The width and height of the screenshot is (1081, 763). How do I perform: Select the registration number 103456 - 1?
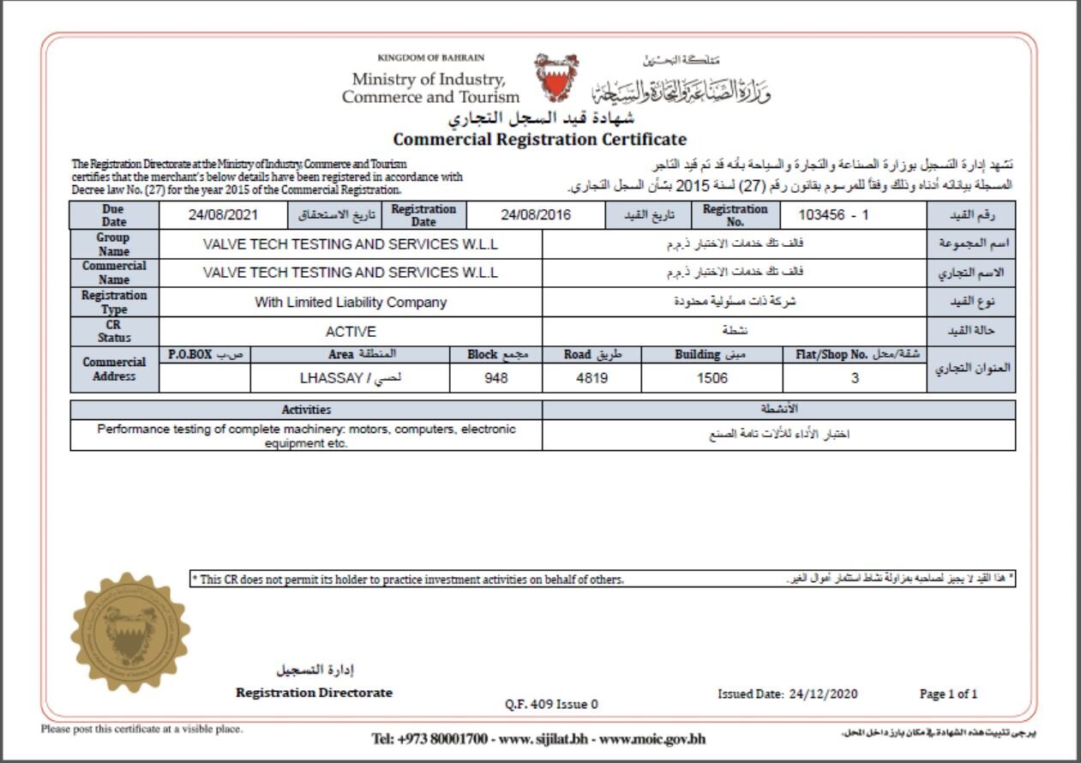tap(833, 215)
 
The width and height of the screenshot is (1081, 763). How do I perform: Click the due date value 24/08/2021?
tap(223, 215)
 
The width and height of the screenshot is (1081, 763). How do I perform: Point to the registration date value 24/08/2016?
tap(536, 215)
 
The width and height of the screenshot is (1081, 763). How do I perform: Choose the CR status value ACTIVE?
tap(351, 332)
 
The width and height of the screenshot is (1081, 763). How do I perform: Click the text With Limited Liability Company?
tap(351, 302)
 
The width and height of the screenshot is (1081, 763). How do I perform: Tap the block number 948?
tap(496, 377)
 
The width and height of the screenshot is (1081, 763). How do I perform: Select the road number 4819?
tap(592, 377)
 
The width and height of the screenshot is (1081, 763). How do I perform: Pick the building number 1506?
tap(712, 377)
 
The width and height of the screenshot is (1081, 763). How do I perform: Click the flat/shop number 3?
tap(855, 377)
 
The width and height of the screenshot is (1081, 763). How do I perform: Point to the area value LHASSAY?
tap(350, 377)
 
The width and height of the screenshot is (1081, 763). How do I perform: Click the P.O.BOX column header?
tap(189, 354)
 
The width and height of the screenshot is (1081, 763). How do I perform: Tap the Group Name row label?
tap(114, 244)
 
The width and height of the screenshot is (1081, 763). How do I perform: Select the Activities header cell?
tap(306, 410)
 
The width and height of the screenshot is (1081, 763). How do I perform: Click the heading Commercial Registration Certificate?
tap(539, 139)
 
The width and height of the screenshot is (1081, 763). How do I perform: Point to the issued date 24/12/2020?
tap(823, 694)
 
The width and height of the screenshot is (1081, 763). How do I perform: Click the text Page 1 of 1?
tap(948, 694)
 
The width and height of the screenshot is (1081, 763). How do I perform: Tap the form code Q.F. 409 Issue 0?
tap(552, 705)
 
